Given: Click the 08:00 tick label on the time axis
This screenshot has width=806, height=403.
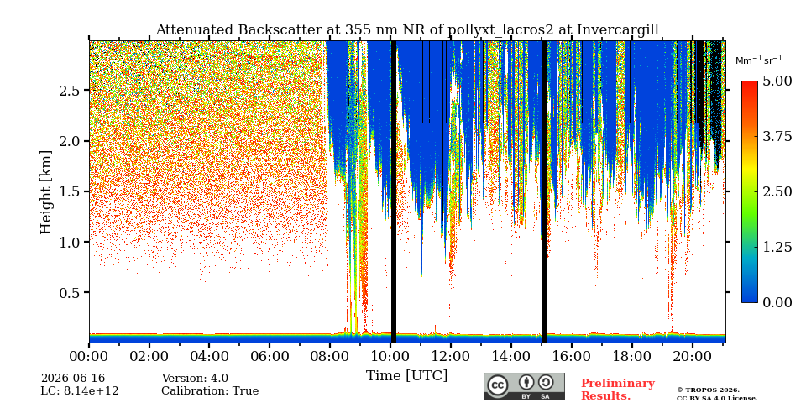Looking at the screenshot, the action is click(330, 356).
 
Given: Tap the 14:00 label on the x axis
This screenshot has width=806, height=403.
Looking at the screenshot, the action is click(511, 356).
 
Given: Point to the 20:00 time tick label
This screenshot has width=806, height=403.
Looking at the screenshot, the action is click(692, 356).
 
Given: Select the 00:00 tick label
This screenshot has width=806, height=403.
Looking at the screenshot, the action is click(89, 356).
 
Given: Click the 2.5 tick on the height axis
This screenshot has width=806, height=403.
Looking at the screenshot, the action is click(71, 91).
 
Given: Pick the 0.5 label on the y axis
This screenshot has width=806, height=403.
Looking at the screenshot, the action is click(71, 292).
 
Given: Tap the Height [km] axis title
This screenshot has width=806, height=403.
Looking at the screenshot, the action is click(46, 192).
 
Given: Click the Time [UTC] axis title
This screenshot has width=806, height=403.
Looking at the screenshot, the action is click(406, 376).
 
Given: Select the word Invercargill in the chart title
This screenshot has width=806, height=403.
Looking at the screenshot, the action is click(618, 30).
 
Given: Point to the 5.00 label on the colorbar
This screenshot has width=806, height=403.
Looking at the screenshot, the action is click(776, 81).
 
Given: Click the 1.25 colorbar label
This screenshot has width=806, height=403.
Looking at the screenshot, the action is click(776, 247).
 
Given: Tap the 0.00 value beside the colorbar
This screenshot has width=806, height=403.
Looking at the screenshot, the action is click(776, 302).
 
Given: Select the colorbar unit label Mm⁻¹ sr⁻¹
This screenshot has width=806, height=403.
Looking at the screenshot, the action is click(759, 60).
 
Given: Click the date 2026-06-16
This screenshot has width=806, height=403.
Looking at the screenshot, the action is click(73, 379).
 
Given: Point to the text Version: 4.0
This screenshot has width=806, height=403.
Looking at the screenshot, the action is click(195, 379).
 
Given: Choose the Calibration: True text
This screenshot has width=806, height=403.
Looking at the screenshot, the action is click(210, 391).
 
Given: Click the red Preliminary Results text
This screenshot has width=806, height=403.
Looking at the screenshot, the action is click(618, 390).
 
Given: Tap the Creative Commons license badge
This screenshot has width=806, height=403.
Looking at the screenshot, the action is click(524, 386).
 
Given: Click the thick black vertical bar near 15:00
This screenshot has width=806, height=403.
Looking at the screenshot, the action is click(545, 191).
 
